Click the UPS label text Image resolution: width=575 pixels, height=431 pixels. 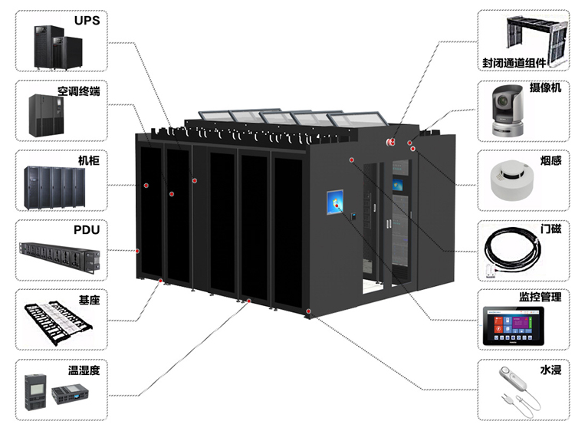coord(87,21)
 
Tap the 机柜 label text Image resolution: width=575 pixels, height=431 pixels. coord(89,161)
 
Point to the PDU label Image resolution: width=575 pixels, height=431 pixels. coord(87,229)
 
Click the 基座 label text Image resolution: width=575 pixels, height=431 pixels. coord(89,300)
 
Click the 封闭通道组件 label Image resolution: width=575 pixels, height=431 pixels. coord(514,63)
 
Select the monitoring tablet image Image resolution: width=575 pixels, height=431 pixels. coord(513,325)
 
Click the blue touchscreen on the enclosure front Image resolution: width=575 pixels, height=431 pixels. coord(334,203)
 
